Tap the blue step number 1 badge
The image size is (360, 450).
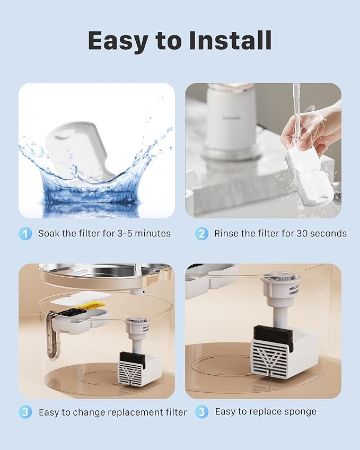click(25, 233)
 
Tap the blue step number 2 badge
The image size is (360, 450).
click(201, 233)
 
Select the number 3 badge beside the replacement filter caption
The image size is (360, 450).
click(25, 412)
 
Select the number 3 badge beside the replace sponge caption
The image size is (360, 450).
click(201, 412)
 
